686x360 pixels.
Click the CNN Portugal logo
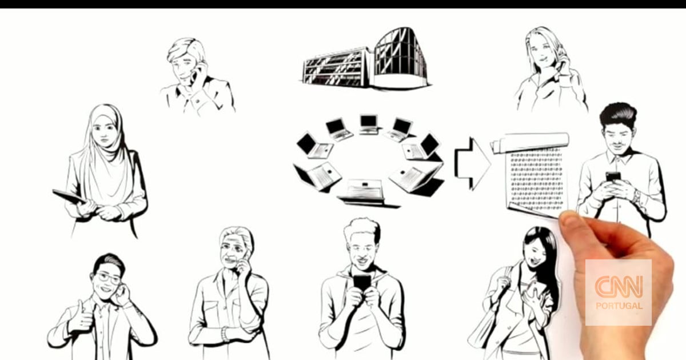(619, 293)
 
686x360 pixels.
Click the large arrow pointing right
(473, 164)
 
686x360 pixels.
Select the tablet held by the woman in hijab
(69, 197)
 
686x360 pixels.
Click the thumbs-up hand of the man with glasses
(81, 317)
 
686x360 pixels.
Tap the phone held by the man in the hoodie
(362, 283)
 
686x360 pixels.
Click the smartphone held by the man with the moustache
(613, 177)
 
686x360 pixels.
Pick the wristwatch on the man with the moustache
(637, 196)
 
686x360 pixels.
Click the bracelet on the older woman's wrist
(225, 334)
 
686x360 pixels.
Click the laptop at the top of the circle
(370, 125)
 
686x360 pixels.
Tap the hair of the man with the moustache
(618, 115)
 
